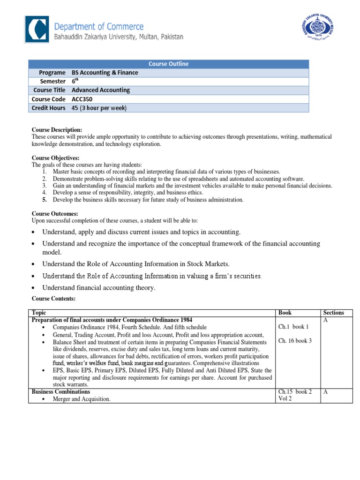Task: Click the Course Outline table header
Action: click(168, 64)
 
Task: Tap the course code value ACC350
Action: click(83, 99)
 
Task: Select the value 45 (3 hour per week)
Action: click(99, 108)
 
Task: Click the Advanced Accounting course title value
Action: click(100, 90)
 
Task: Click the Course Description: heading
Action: click(57, 129)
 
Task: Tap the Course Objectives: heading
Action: click(55, 158)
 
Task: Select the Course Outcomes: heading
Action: click(54, 213)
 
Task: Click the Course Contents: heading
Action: click(53, 299)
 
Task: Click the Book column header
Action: click(285, 313)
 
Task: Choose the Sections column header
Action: click(333, 313)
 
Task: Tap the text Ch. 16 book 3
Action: click(295, 341)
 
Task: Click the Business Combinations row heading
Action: click(60, 391)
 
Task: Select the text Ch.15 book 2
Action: click(295, 391)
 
